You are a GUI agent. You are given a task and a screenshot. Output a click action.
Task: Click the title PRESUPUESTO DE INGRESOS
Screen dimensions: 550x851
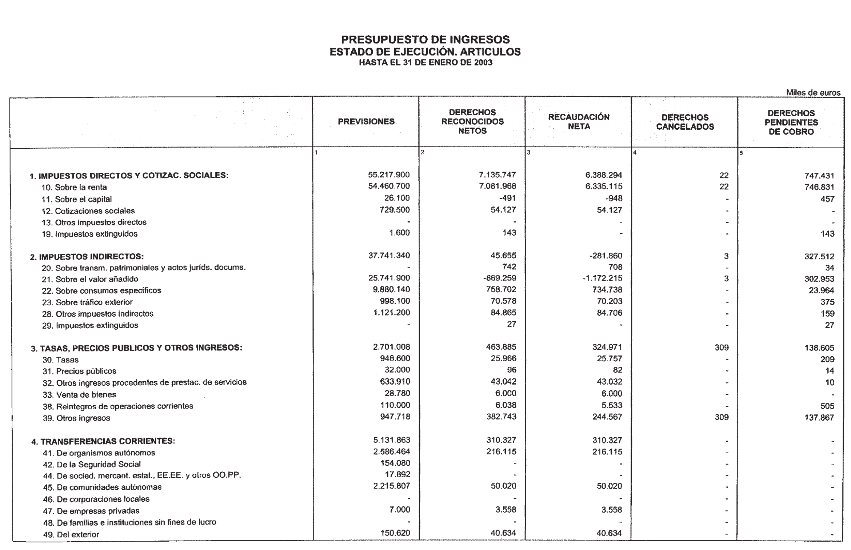click(x=425, y=40)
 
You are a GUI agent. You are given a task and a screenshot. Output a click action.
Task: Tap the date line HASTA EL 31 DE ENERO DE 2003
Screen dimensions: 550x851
click(x=425, y=63)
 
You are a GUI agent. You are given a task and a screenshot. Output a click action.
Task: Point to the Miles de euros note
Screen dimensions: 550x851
click(x=813, y=93)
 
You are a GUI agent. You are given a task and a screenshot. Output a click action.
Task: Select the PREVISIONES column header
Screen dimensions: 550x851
click(x=366, y=122)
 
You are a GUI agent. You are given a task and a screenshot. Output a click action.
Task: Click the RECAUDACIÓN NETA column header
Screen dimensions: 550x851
click(x=579, y=122)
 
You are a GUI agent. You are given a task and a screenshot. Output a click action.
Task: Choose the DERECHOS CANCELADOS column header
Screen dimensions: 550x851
click(x=685, y=122)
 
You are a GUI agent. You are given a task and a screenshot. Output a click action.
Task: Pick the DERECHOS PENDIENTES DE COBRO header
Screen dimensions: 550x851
click(x=791, y=123)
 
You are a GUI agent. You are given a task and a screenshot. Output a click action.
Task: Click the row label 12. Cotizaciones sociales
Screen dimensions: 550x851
click(x=88, y=211)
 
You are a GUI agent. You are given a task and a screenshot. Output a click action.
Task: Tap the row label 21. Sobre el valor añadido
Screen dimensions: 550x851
click(x=90, y=279)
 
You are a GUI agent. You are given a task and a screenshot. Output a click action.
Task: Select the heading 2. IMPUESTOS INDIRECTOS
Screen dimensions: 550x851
click(x=87, y=257)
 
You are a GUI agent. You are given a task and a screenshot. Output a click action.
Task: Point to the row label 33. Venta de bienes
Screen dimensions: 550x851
click(x=80, y=394)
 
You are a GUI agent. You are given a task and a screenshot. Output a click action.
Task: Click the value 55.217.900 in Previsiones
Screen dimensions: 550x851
click(x=389, y=175)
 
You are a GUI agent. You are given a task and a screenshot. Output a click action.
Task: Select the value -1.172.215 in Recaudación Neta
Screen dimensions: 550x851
click(x=606, y=278)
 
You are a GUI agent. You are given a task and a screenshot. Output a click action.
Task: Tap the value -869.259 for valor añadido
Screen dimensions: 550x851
click(x=500, y=278)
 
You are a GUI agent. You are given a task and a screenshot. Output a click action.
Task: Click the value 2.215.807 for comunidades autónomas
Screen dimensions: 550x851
click(x=392, y=486)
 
